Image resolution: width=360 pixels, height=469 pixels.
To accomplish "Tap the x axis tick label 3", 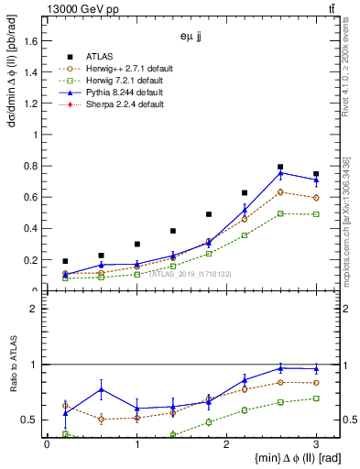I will pos(315,443).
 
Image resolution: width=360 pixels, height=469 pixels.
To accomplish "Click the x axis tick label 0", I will pos(47,443).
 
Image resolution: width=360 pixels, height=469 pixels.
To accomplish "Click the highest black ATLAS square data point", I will pos(280,167).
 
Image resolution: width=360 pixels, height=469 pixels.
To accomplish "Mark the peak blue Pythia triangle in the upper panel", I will pos(280,172).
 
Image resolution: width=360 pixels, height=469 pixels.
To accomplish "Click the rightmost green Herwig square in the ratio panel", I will pos(316,398).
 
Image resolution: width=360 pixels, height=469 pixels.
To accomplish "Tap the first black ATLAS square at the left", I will pos(65,261).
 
